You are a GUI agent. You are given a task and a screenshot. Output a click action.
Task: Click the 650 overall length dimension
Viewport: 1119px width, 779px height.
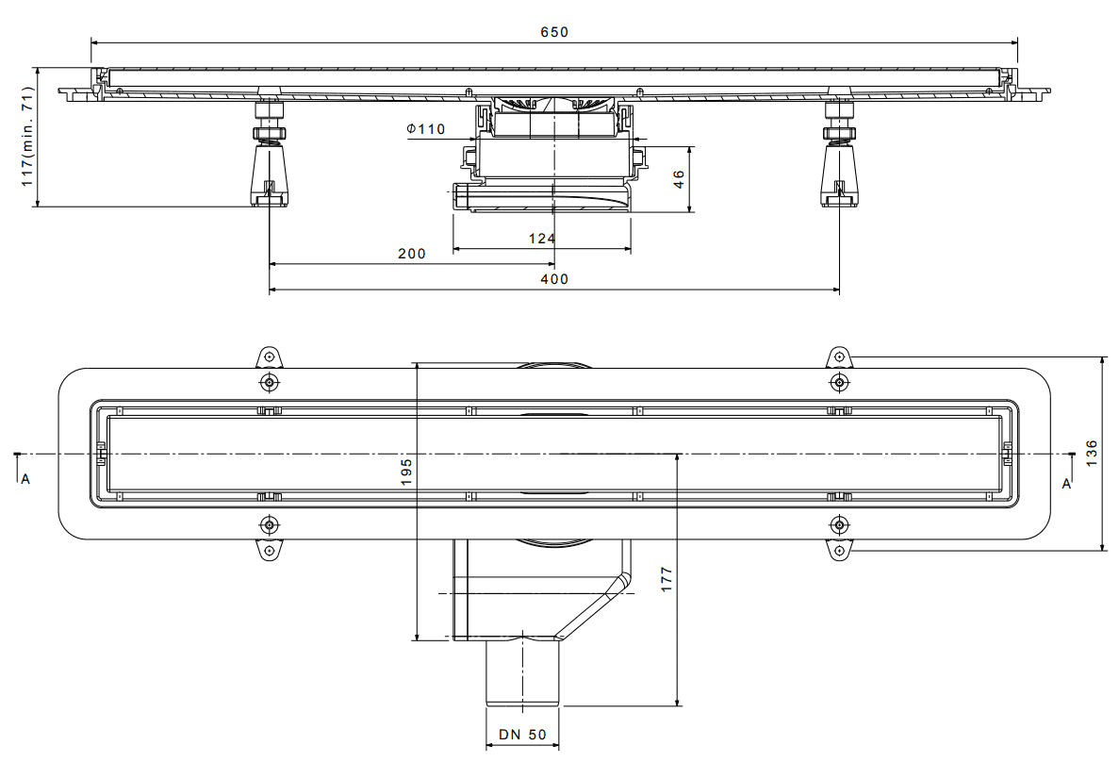point(554,32)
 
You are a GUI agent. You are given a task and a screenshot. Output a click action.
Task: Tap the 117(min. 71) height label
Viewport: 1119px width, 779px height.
point(27,137)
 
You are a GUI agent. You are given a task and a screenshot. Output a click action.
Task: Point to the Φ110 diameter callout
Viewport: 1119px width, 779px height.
point(426,129)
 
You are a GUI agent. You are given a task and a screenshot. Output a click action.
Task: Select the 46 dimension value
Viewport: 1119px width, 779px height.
point(679,178)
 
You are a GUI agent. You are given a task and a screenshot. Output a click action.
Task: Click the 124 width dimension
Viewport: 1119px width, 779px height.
point(542,239)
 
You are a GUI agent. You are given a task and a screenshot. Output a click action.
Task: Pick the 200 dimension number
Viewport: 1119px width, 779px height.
point(412,254)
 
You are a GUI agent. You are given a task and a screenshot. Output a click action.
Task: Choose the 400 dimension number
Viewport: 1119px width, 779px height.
point(554,279)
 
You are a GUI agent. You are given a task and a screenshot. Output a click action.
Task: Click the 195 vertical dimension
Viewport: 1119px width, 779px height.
point(406,472)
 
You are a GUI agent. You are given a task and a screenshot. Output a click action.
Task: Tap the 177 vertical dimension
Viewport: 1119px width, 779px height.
point(666,579)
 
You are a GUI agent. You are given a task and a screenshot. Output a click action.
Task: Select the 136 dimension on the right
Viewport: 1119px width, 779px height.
point(1091,454)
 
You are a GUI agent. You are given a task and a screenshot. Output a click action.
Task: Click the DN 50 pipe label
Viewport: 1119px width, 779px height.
point(522,734)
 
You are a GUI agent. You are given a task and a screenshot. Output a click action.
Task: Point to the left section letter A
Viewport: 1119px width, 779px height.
point(25,479)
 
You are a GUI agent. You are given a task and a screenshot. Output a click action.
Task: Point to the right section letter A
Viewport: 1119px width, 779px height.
point(1066,484)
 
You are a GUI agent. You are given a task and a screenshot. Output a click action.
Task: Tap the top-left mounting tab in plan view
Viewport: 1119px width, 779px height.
point(269,356)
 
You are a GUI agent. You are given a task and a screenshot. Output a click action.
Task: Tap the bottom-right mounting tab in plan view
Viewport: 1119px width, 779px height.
point(839,551)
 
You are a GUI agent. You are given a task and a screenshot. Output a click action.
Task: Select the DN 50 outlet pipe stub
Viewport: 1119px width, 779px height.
point(522,673)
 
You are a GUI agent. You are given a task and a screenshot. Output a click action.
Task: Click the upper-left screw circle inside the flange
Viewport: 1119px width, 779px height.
point(269,383)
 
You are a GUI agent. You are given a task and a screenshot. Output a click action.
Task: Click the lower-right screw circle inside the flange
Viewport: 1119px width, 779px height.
point(839,525)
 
